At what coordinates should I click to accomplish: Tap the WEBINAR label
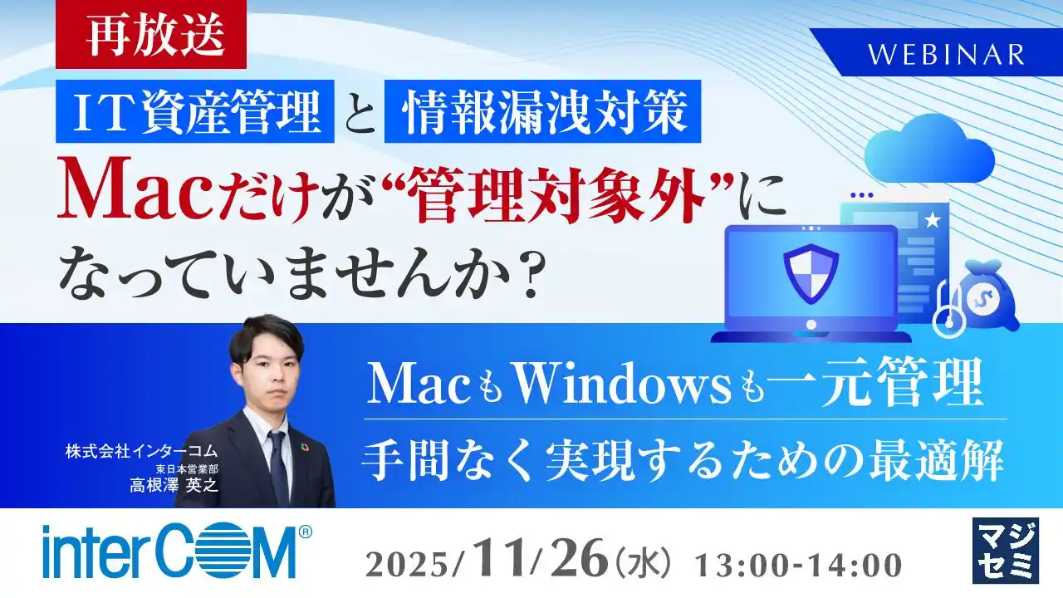pyautogui.click(x=947, y=54)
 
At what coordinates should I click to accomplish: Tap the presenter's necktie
pyautogui.click(x=277, y=466)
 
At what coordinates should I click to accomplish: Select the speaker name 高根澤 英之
pyautogui.click(x=174, y=485)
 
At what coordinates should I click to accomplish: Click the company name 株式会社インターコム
pyautogui.click(x=141, y=451)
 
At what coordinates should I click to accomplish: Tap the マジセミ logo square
pyautogui.click(x=1004, y=550)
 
